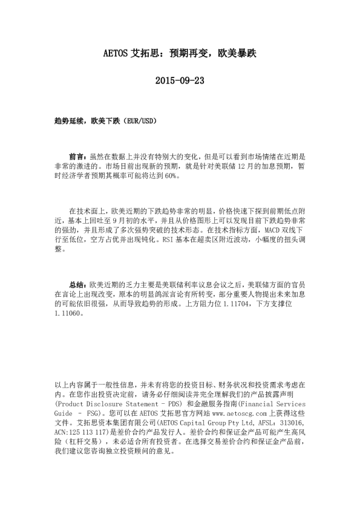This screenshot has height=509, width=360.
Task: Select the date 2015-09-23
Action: point(180,80)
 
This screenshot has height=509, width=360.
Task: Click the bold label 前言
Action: point(78,155)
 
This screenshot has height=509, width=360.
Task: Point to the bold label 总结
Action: point(78,284)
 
